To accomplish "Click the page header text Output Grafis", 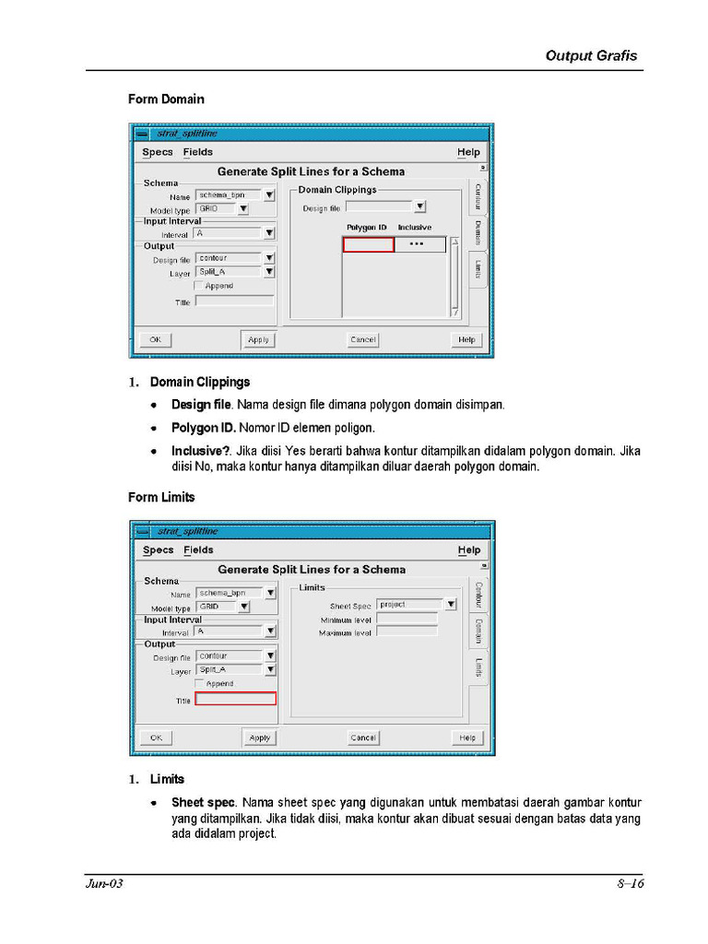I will (591, 55).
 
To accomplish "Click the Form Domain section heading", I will (166, 99).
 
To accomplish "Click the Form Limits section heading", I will (161, 497).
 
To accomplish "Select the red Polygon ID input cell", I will (368, 244).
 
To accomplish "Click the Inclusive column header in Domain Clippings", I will (414, 227).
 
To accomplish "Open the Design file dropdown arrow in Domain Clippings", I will (419, 207).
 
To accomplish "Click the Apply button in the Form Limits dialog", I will (260, 737).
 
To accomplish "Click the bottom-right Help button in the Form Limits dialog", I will (467, 737).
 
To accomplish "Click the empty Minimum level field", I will (407, 619).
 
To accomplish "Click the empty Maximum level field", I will (407, 632).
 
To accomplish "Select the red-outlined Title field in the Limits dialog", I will (235, 699).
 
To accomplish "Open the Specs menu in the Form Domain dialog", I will (158, 152).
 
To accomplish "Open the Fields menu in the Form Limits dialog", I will (198, 550).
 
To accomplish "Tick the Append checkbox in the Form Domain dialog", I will (199, 286).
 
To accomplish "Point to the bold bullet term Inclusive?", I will (201, 452).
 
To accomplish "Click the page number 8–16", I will (630, 884).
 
